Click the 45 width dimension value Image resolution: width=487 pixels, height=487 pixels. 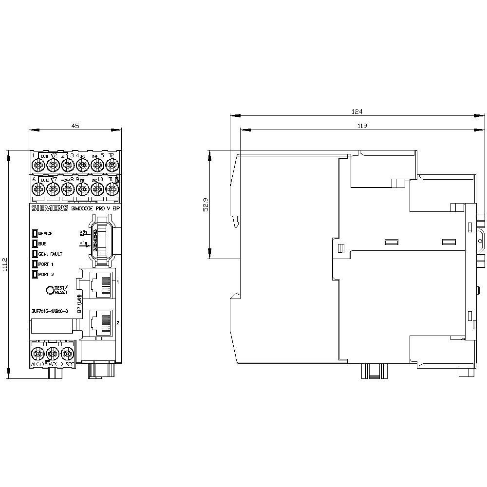pyautogui.click(x=75, y=126)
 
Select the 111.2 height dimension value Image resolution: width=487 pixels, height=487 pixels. pyautogui.click(x=5, y=264)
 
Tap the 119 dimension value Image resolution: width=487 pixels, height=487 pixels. pyautogui.click(x=361, y=126)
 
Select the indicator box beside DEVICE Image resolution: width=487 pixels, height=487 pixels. pyautogui.click(x=35, y=233)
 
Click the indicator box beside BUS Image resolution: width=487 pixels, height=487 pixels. pyautogui.click(x=35, y=243)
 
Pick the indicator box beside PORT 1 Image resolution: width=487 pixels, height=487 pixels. pyautogui.click(x=35, y=264)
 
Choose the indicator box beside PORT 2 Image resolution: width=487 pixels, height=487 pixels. pyautogui.click(x=35, y=274)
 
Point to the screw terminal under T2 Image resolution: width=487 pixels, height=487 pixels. pyautogui.click(x=111, y=166)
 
